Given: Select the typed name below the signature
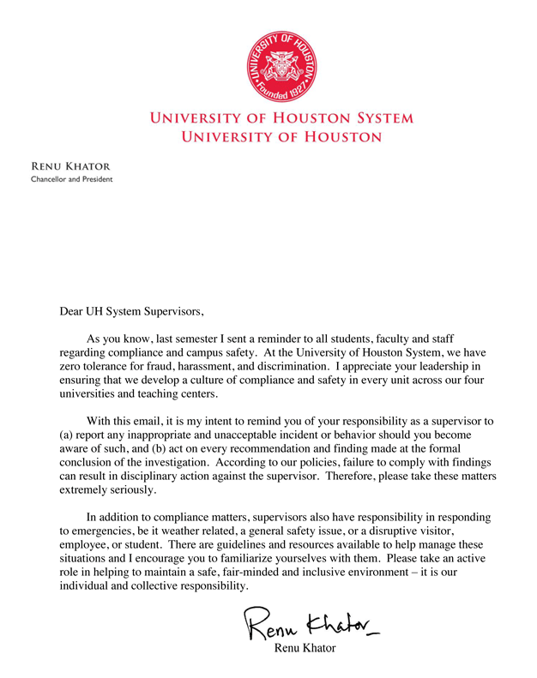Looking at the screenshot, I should click(x=305, y=649).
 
